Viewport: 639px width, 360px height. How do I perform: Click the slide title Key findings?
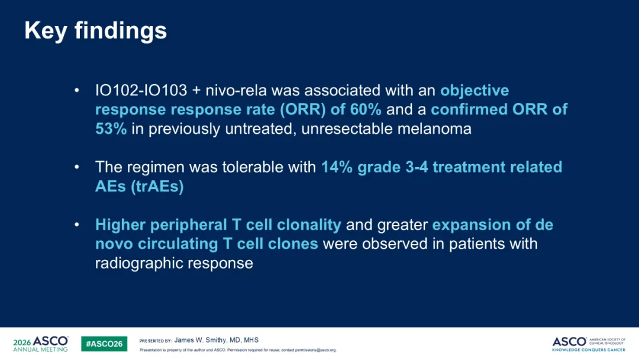tap(96, 31)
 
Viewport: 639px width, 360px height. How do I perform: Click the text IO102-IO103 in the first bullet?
tap(141, 90)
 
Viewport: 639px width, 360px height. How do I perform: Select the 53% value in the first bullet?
tap(111, 129)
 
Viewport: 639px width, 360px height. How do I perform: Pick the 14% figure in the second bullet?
tap(337, 167)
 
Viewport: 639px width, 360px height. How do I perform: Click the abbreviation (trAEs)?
tap(157, 187)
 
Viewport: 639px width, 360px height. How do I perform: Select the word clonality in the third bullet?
tap(309, 224)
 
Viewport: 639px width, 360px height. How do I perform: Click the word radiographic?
tap(135, 263)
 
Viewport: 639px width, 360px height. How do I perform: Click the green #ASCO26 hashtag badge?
tap(104, 344)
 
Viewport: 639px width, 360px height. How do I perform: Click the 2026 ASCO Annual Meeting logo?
tap(40, 343)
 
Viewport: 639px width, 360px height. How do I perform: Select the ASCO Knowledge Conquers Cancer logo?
tap(589, 344)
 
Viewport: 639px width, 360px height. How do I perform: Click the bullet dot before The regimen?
tap(76, 167)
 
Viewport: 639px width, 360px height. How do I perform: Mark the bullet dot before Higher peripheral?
tap(76, 225)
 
